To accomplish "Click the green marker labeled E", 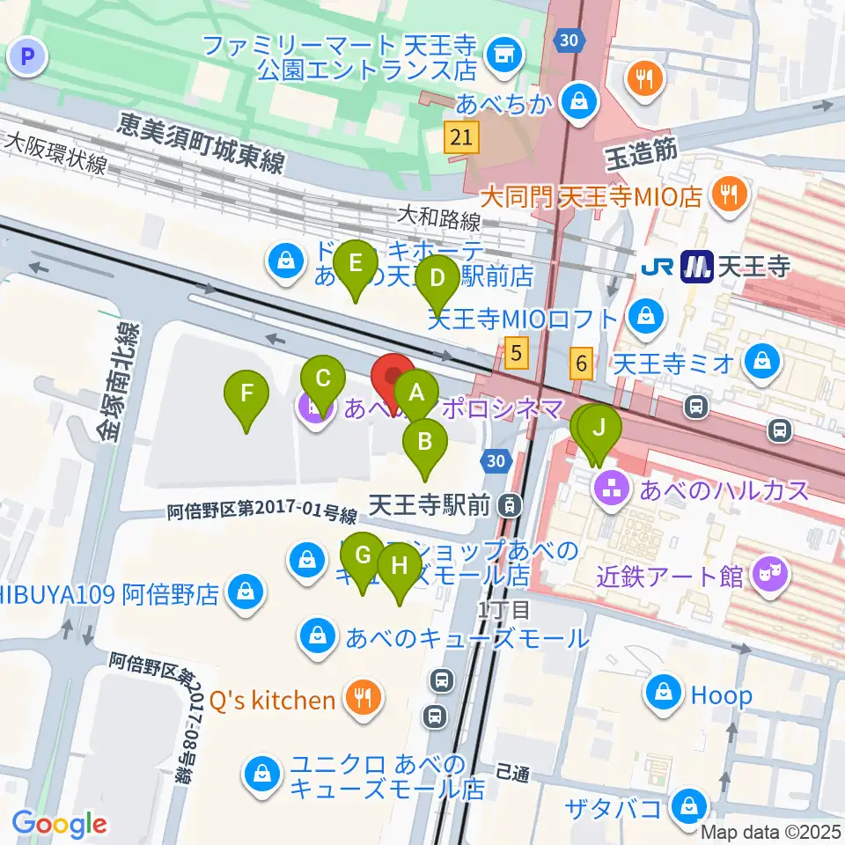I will point(356,264).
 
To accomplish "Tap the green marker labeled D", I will point(437,280).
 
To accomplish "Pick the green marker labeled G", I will point(363,556).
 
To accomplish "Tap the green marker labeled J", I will point(599,430).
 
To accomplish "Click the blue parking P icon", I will point(27,59).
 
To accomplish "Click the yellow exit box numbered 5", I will point(518,354).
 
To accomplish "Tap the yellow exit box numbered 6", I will point(581,362).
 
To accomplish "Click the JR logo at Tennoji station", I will point(660,266).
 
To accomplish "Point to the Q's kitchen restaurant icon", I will point(361,700).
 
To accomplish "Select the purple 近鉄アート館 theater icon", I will point(772,577).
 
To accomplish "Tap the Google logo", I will point(59,823).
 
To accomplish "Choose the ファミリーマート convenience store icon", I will point(503,55).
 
